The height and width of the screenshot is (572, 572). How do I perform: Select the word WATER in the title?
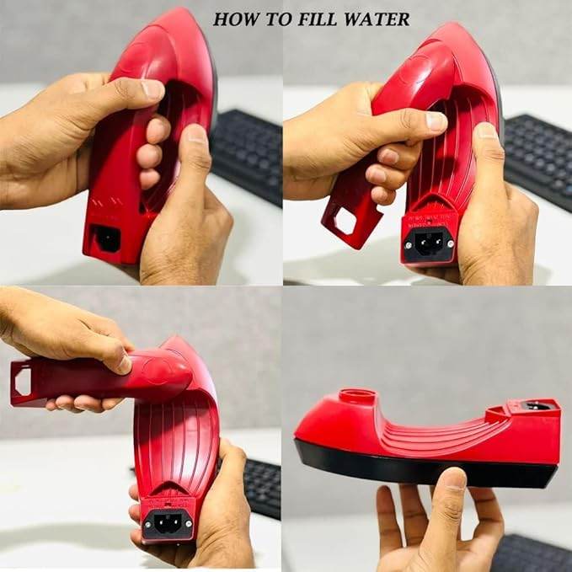click(378, 19)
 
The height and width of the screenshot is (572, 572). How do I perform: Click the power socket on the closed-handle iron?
click(107, 238)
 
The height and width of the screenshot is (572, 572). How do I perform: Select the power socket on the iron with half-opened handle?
click(430, 244)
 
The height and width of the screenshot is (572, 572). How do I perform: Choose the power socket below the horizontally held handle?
click(167, 521)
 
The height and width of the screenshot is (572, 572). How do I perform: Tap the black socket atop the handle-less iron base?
click(537, 406)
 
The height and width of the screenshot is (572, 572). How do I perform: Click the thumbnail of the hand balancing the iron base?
click(452, 479)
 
